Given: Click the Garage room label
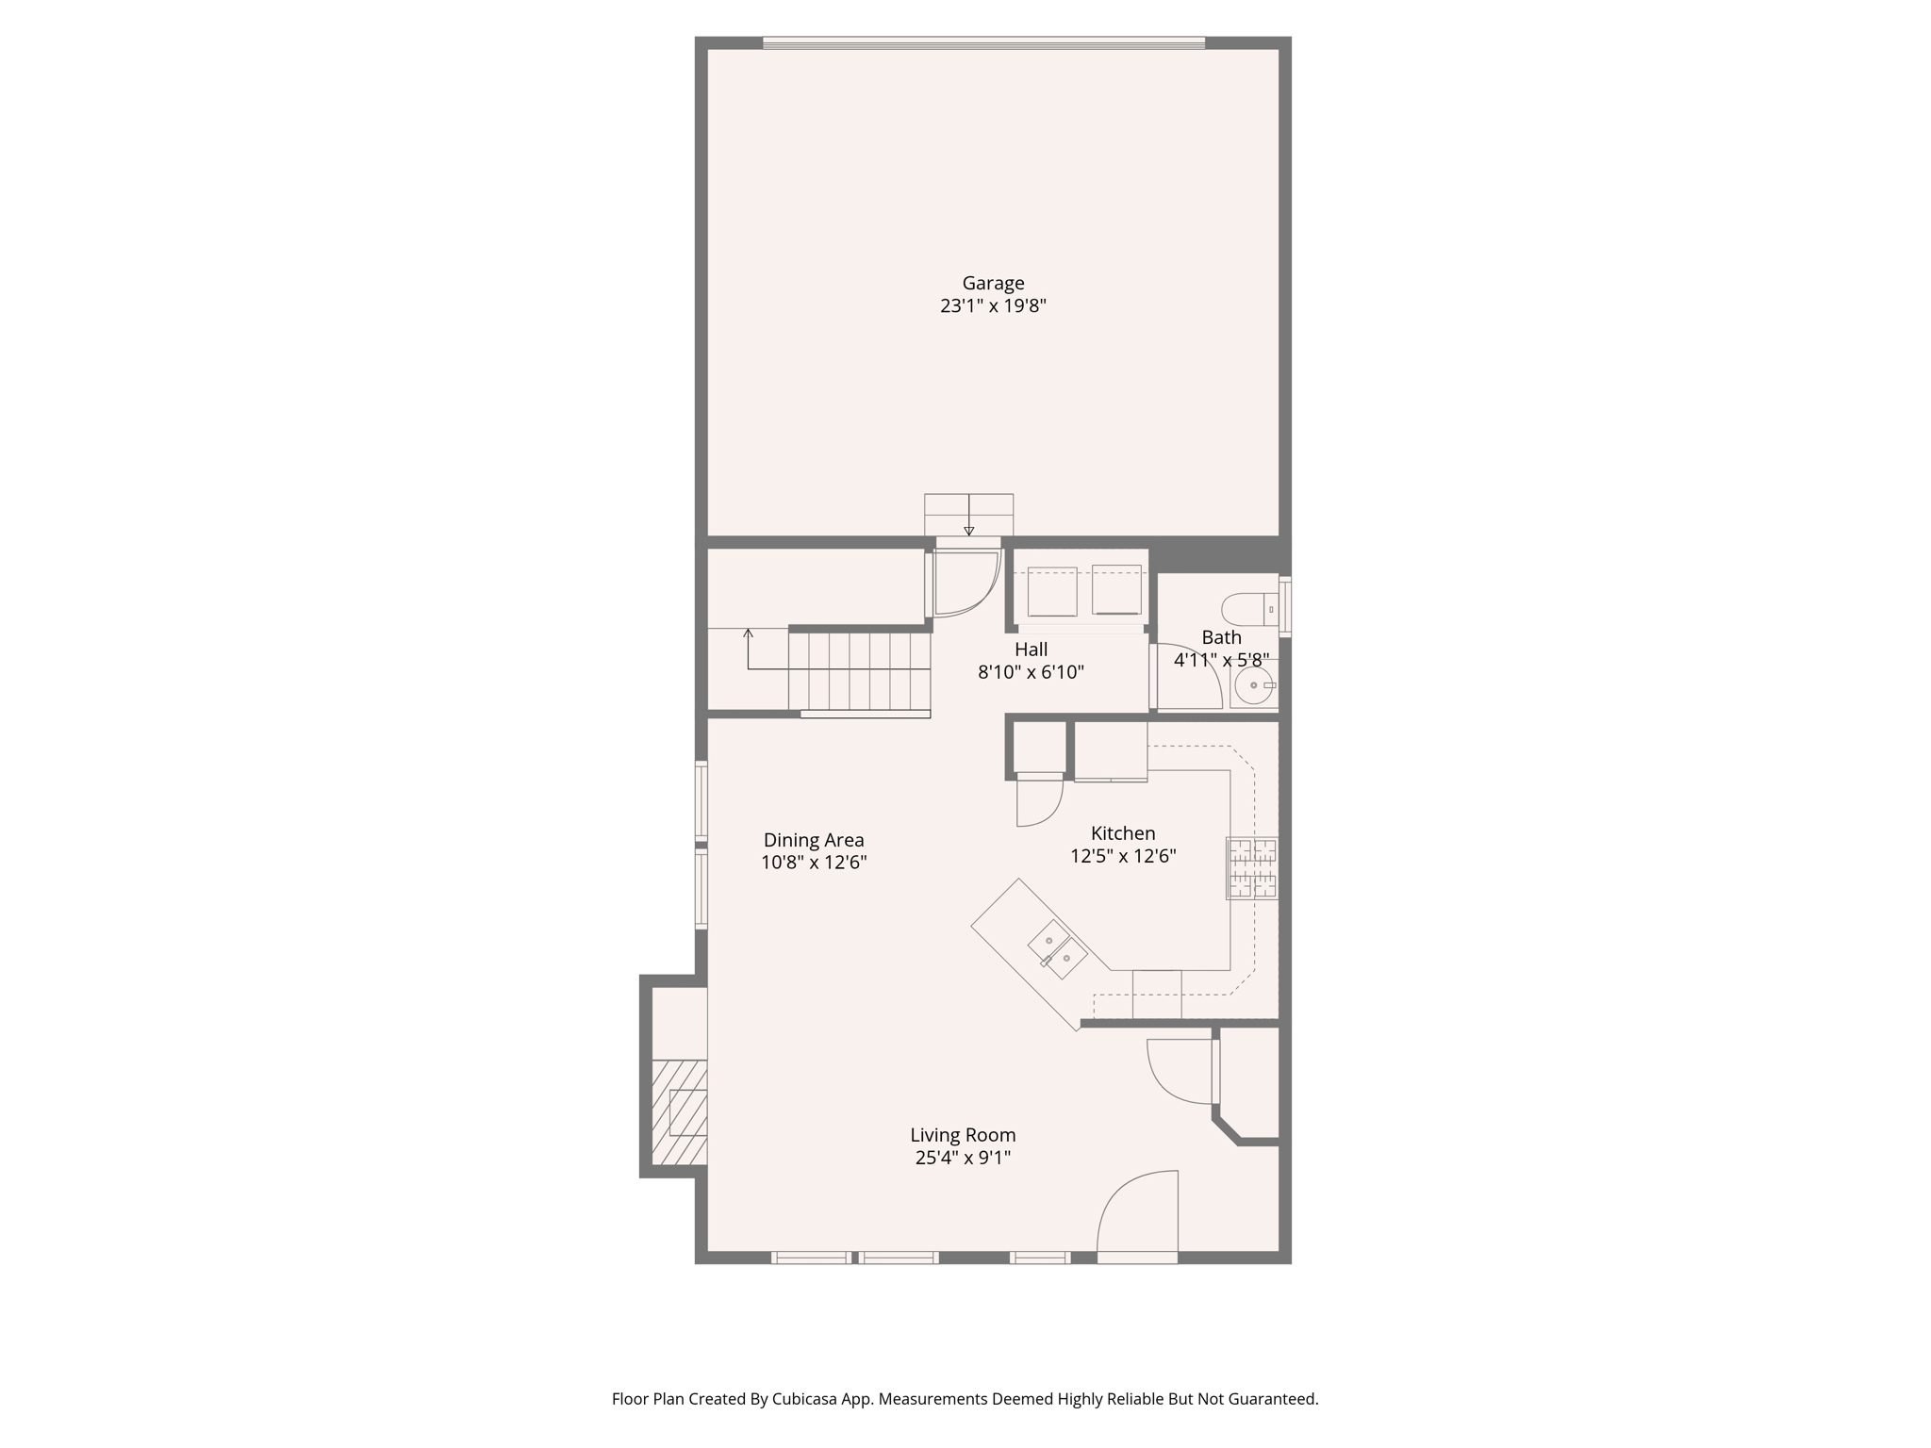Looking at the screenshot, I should [993, 283].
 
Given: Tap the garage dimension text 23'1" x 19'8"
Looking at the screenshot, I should [993, 306].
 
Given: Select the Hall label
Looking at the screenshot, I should [1031, 650].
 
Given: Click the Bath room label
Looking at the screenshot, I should [1221, 637].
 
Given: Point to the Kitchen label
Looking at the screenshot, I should [1122, 833].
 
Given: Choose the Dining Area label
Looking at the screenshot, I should [814, 840].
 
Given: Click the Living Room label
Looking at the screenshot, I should [963, 1135].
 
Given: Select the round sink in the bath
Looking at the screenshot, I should [1253, 685].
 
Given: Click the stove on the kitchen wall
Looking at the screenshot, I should [1252, 868].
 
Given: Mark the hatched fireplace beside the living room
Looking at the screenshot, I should [680, 1111].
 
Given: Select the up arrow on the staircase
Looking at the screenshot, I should [748, 634].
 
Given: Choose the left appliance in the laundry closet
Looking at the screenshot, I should [1051, 590].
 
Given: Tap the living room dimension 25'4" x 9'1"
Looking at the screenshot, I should [963, 1159].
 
